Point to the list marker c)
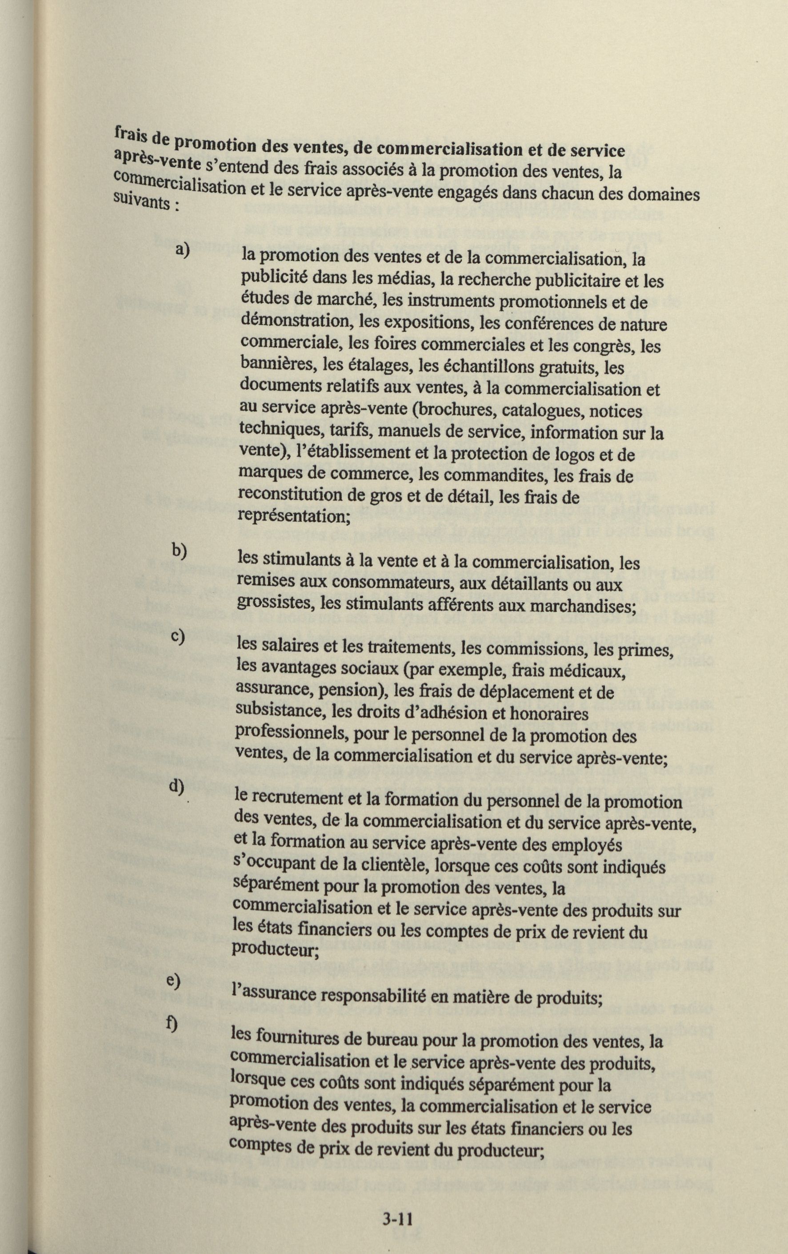coord(177,637)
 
